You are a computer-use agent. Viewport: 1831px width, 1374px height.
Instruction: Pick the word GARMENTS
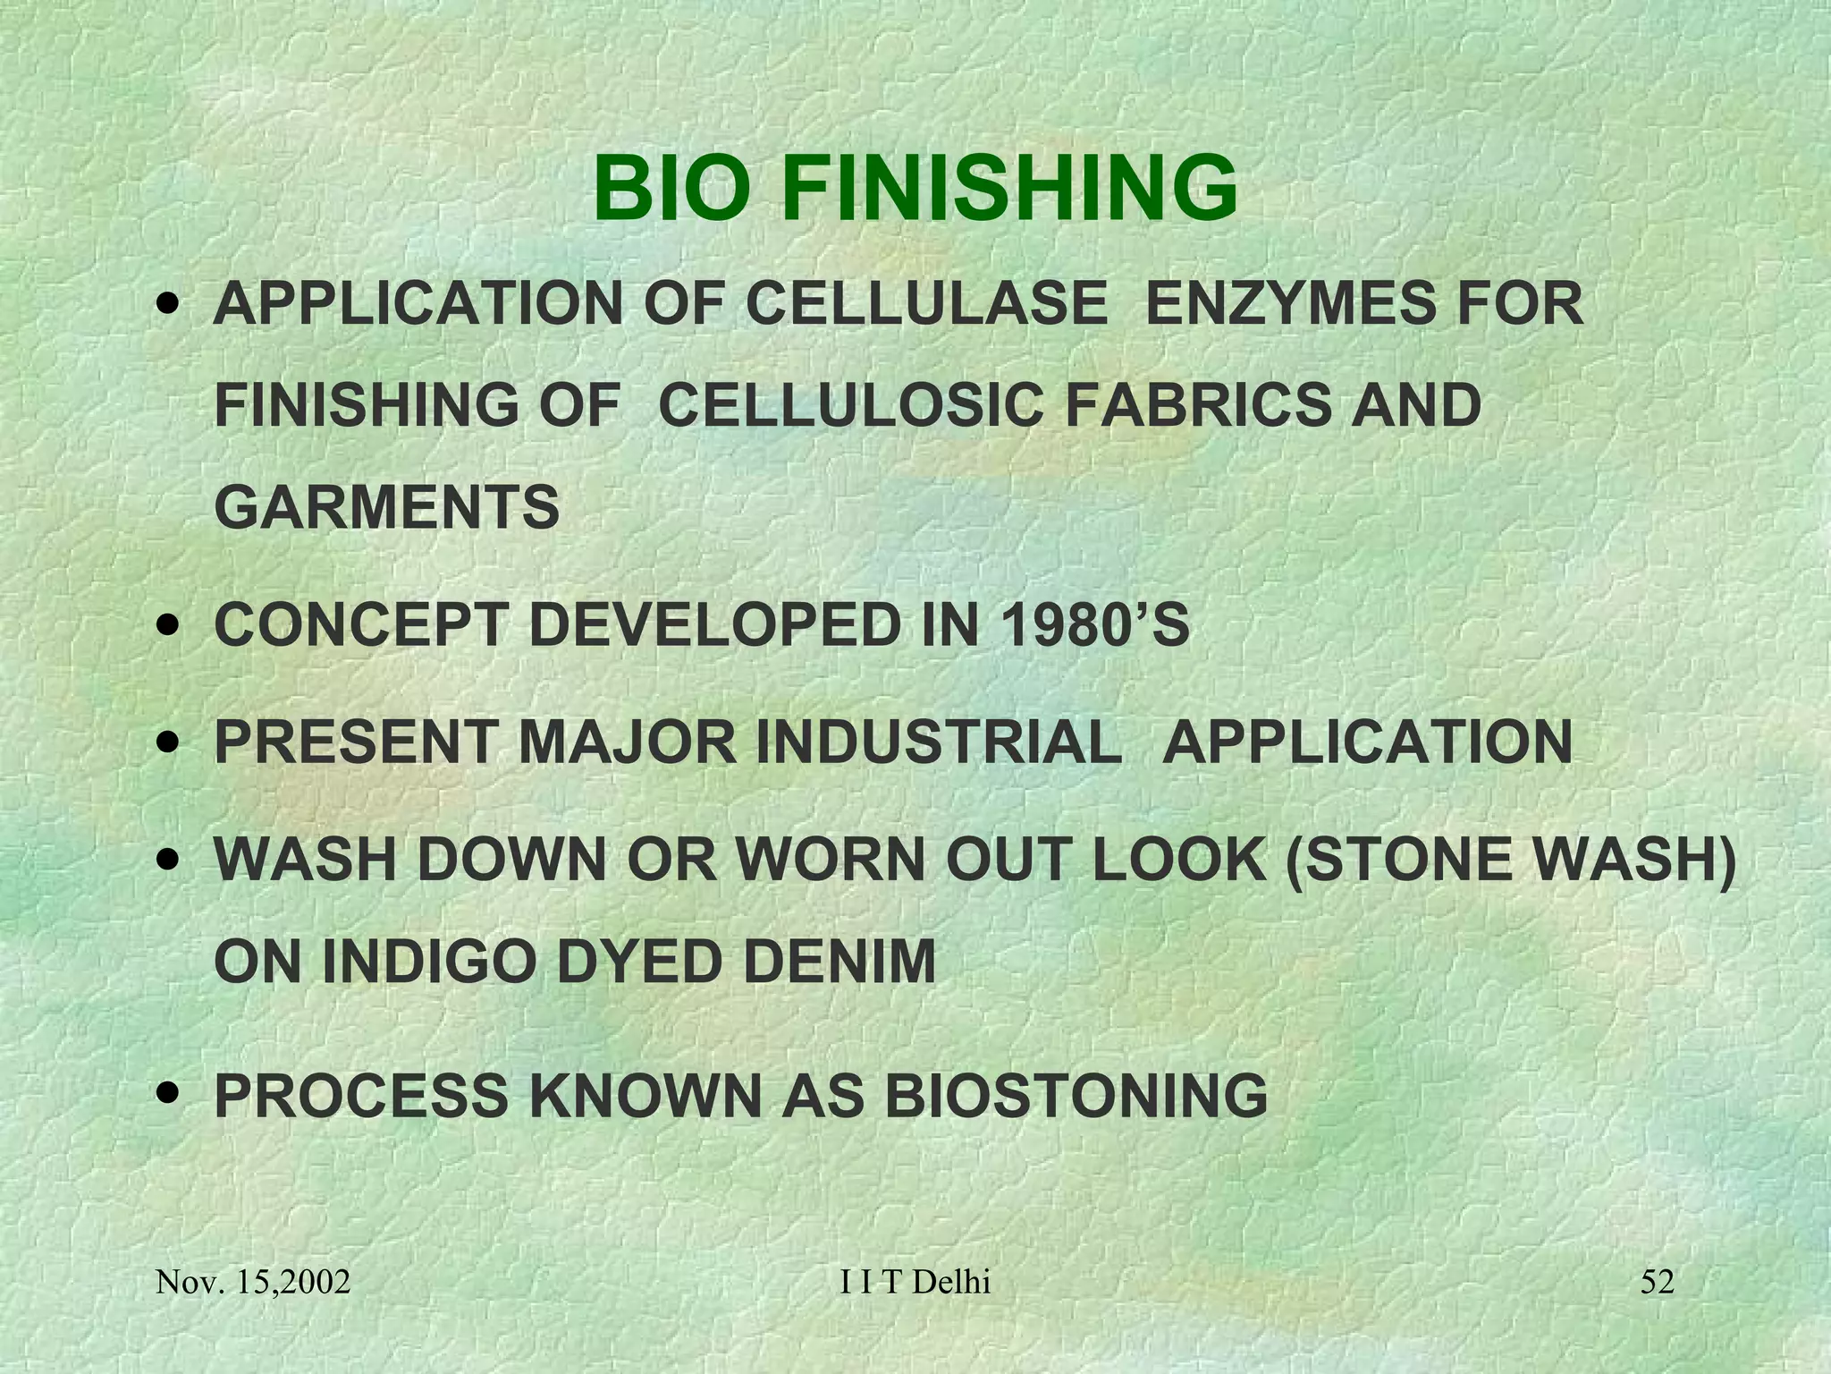386,507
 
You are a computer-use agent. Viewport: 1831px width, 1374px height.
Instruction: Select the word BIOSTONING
1076,1095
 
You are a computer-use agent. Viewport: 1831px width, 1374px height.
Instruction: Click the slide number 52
1657,1282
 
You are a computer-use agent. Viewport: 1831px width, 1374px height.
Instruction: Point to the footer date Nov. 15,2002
253,1283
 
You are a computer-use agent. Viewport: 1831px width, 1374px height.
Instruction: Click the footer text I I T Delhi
915,1282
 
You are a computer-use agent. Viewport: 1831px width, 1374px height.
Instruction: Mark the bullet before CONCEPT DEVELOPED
166,625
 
